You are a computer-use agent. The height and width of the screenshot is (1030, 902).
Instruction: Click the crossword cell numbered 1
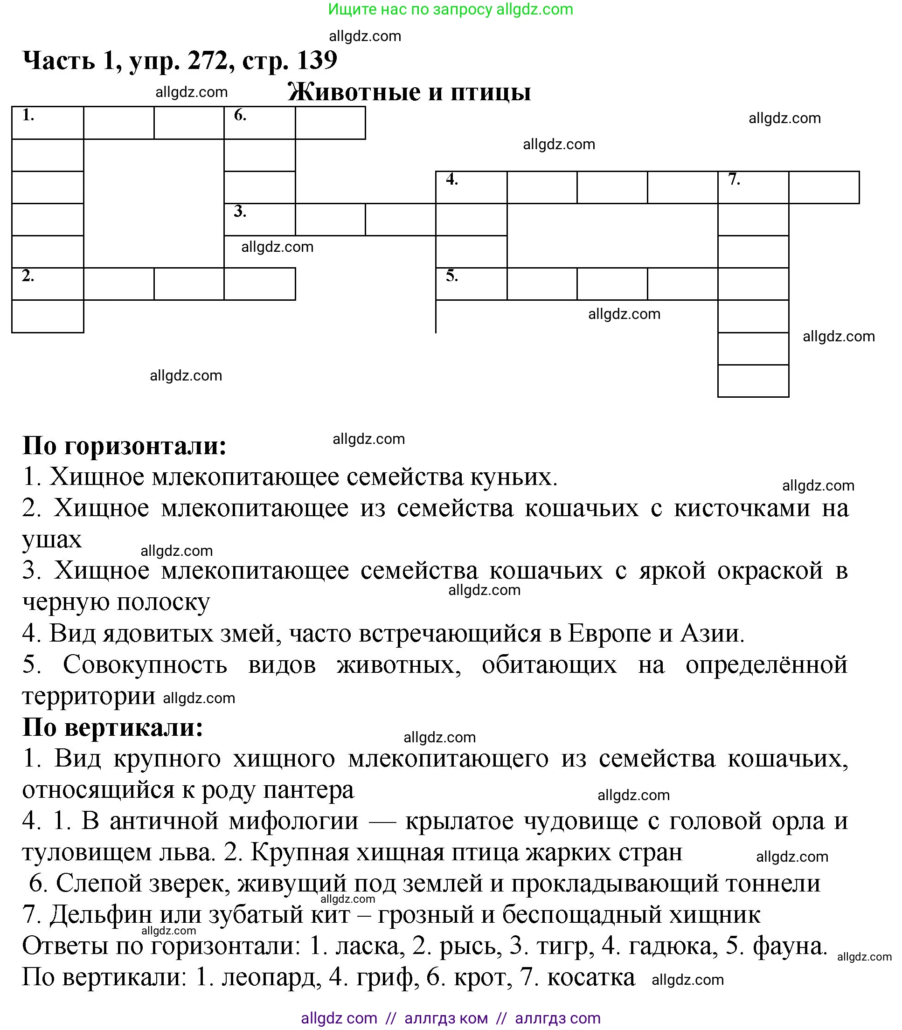(48, 123)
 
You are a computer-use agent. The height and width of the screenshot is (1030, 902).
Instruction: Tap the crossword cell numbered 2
(48, 284)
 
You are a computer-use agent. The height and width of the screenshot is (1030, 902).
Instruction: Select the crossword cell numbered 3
(260, 220)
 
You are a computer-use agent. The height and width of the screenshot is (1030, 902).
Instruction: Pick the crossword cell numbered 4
(471, 187)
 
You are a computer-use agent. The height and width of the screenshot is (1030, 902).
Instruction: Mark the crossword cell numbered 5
(471, 284)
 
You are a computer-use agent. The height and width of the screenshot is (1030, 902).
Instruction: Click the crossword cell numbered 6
(260, 123)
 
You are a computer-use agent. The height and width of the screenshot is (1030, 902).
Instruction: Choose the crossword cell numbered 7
(753, 187)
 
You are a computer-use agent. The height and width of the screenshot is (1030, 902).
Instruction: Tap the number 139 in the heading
(317, 60)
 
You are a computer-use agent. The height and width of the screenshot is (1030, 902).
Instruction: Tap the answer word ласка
(370, 946)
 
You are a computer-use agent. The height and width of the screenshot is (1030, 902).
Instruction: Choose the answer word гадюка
(673, 946)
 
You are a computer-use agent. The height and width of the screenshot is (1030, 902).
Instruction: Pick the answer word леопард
(271, 977)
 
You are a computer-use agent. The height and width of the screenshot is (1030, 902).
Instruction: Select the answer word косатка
(591, 977)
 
